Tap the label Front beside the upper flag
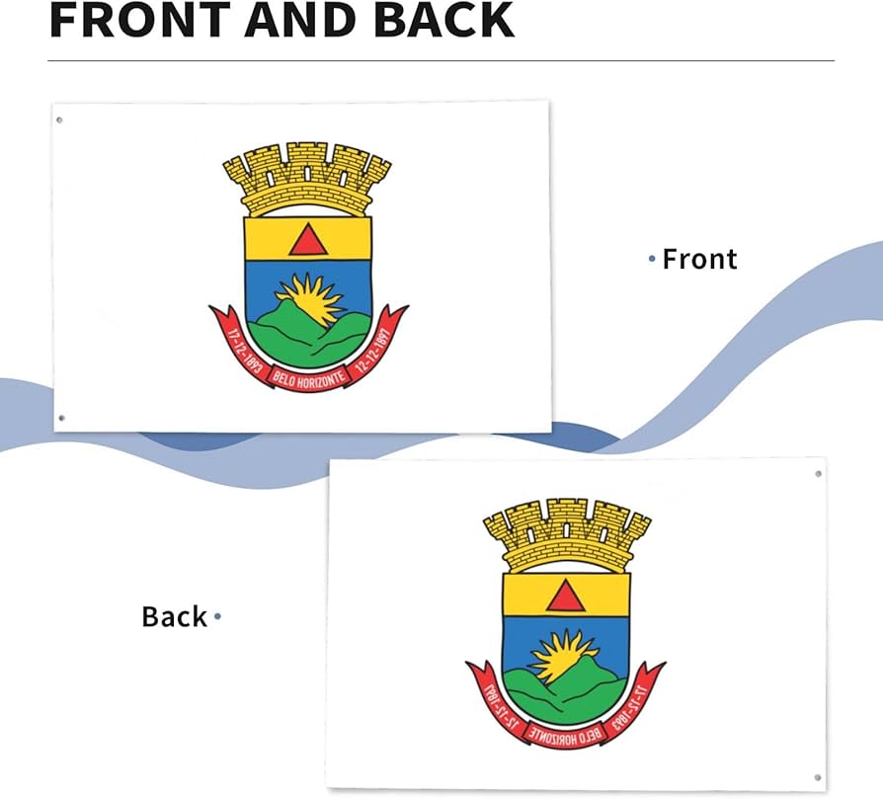point(699,259)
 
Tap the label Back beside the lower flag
point(175,616)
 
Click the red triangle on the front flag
point(307,240)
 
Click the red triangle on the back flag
point(565,596)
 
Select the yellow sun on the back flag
point(563,654)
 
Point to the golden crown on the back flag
point(566,532)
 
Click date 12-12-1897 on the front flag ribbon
point(375,345)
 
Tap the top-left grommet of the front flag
point(59,120)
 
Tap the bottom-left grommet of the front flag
point(61,418)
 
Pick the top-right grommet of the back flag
point(818,474)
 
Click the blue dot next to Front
point(652,259)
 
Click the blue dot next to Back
point(217,617)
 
